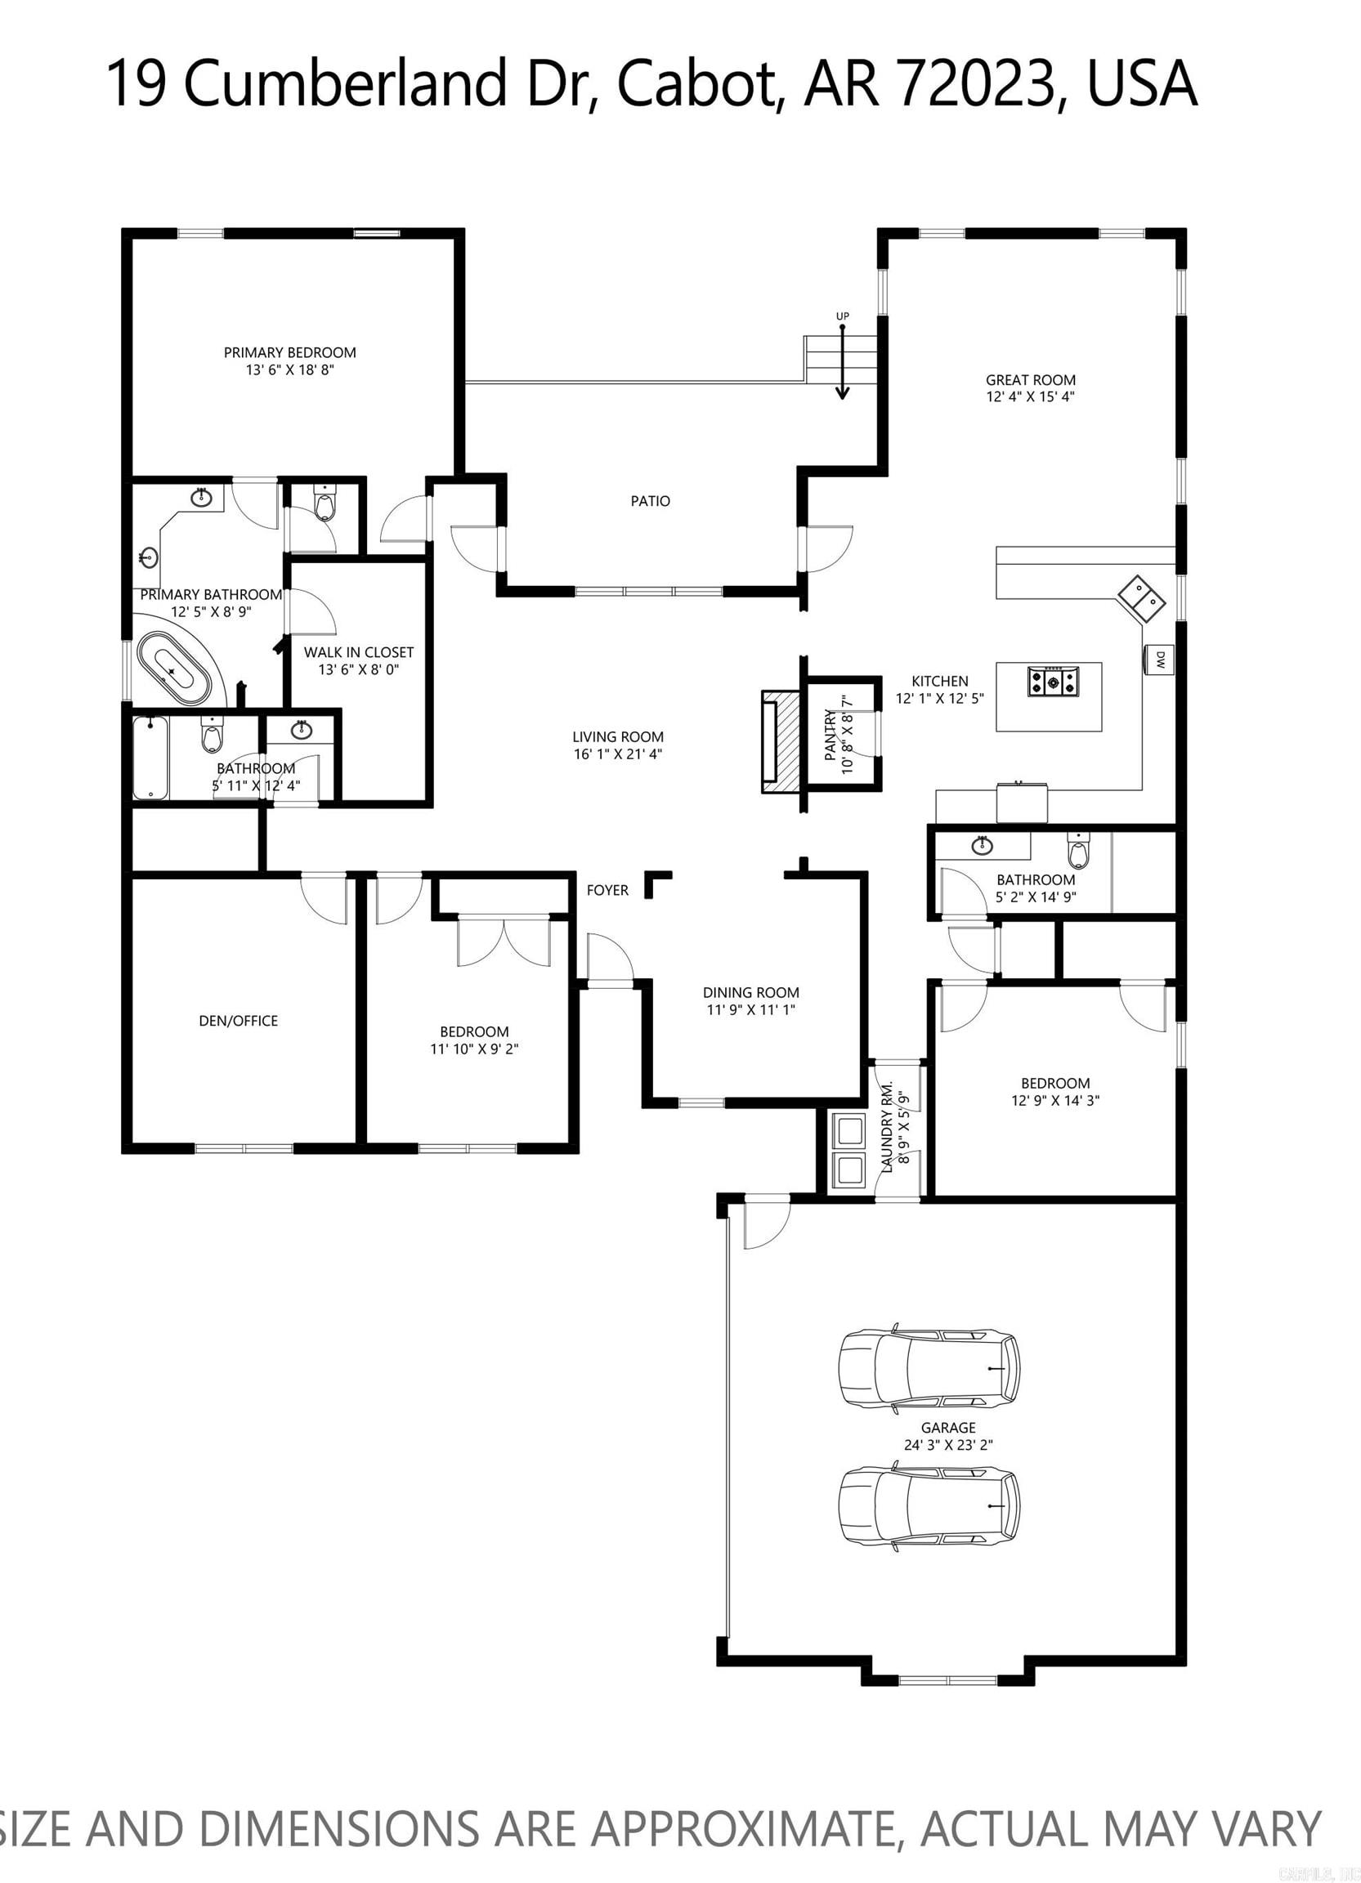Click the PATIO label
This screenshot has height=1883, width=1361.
pos(650,502)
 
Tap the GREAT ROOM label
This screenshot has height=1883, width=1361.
pos(1031,380)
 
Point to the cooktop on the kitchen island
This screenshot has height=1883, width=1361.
pos(1054,682)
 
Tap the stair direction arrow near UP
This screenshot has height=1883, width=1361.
pos(843,362)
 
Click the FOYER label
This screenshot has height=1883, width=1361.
pos(607,890)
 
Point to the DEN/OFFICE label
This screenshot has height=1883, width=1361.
pos(239,1022)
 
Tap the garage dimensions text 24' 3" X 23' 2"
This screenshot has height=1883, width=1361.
pos(948,1446)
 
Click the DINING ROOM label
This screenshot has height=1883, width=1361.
pos(750,993)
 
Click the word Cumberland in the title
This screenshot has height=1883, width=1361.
pos(345,83)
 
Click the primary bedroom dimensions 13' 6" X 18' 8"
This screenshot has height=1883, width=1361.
pos(290,370)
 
